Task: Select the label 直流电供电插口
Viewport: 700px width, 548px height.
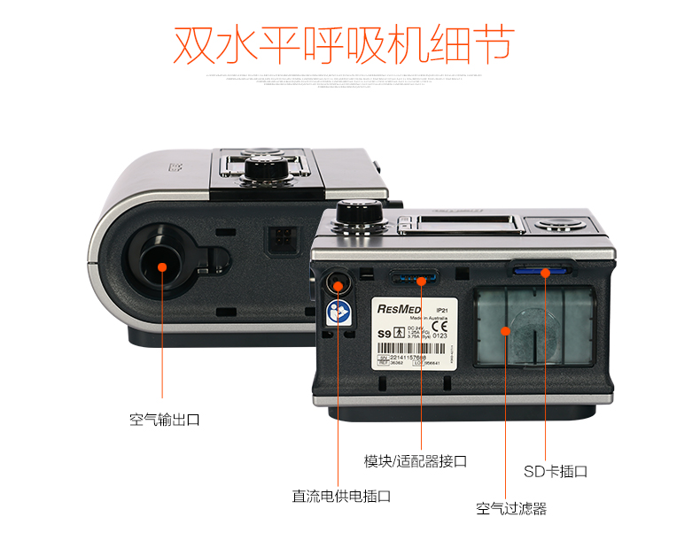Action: pos(341,497)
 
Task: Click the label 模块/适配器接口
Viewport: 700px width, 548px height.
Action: pos(416,461)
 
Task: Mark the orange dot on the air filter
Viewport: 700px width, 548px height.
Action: pos(505,332)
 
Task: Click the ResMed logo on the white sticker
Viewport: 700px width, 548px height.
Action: pos(399,309)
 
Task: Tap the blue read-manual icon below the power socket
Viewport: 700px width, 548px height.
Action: pos(338,311)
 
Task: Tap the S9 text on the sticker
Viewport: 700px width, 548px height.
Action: pos(385,334)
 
